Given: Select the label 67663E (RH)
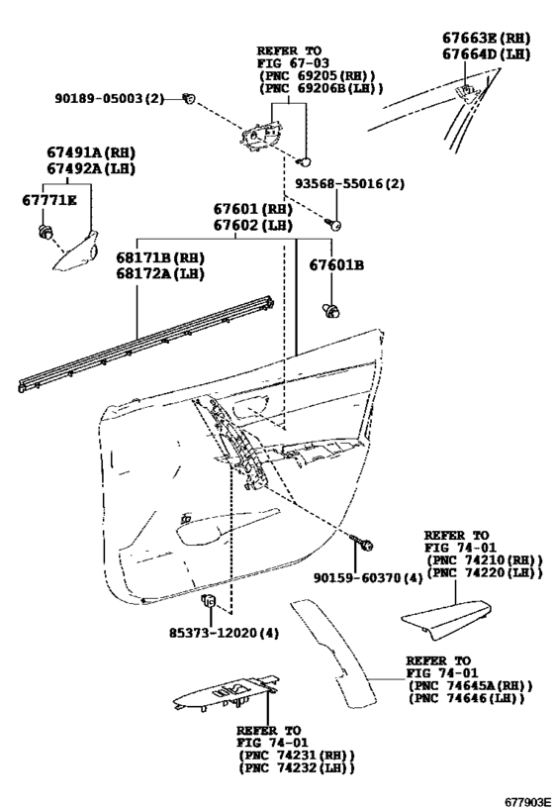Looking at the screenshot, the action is pos(486,38).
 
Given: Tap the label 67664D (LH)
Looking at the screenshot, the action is pos(486,54).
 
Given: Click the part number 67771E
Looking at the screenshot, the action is pos(48,200).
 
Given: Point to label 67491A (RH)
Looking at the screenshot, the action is pos(91,152).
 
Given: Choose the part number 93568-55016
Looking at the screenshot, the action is pos(338,183).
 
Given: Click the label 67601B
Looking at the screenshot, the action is pos(336,264).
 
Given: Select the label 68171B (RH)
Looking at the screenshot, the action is pos(160,257).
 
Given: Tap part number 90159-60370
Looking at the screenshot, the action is pos(357,577).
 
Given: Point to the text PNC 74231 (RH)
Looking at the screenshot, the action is pos(296,756).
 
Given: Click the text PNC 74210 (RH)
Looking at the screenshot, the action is pos(485,560).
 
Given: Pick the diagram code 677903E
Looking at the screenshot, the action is pos(527,802).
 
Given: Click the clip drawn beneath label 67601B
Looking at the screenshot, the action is pos(331,311).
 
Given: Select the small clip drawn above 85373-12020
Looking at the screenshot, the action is pos(209,601).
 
